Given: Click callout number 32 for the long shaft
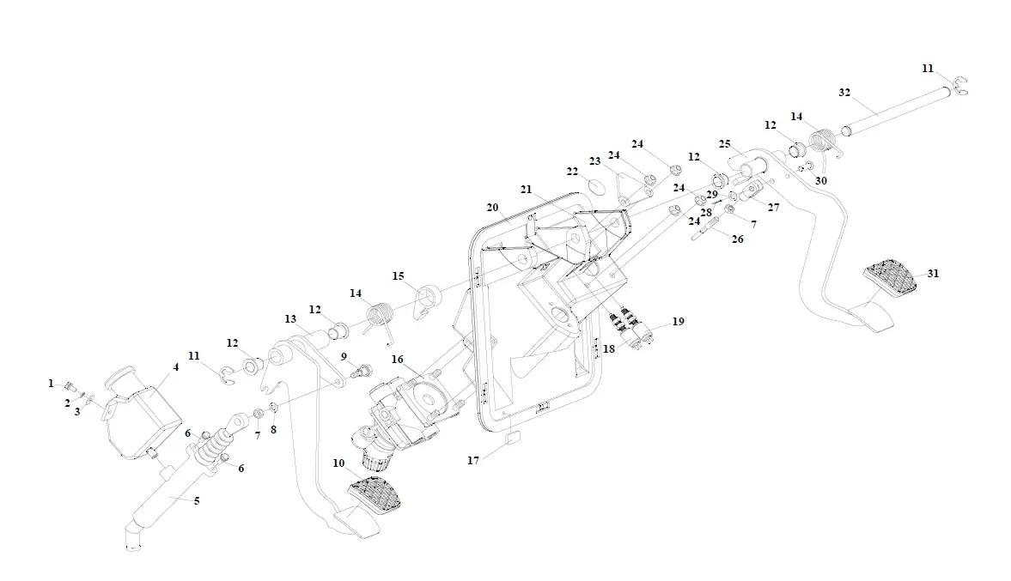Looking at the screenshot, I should pos(844,92).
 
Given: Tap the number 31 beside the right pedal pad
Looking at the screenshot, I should pos(933,274).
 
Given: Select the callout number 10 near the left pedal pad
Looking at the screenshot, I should pos(339,463).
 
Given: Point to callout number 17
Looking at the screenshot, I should pos(473,460).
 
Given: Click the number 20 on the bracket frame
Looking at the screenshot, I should pos(492,208).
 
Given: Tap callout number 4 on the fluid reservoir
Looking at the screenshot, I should pos(175,367).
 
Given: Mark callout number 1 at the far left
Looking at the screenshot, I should pos(51,383).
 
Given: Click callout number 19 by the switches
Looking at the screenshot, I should pos(678,322).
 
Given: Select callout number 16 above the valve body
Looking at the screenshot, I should pos(398,359).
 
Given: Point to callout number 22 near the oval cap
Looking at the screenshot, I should pos(572,172).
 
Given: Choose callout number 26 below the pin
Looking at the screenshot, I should pos(737,239).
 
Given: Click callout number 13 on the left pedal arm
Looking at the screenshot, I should pos(290,319).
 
